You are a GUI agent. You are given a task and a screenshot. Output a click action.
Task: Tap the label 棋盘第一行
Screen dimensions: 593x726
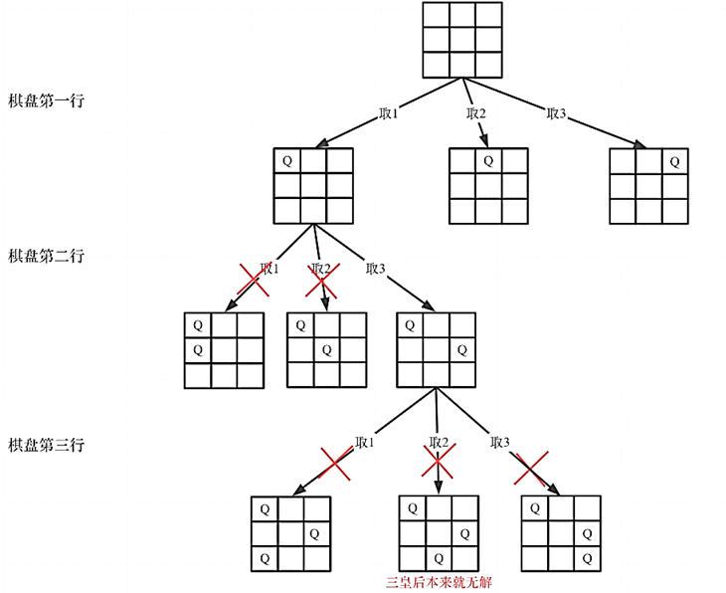tap(46, 101)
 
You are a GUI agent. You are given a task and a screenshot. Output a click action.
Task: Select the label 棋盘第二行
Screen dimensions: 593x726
tap(46, 256)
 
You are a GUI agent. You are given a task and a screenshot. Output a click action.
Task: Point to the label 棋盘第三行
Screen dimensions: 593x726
tap(46, 445)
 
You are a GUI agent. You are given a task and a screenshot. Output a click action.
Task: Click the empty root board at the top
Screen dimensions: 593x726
tap(462, 40)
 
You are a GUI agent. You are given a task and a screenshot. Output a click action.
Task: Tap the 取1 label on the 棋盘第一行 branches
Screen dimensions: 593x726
tap(389, 113)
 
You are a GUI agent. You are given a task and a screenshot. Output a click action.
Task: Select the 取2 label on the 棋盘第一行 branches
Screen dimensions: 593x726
tap(476, 113)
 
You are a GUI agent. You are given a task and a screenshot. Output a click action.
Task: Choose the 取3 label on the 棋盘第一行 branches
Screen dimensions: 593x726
tap(557, 113)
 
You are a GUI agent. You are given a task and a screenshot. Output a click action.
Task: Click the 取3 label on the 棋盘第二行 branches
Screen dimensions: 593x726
tap(375, 269)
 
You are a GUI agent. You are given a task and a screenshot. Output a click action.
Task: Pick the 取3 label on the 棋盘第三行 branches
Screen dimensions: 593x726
tap(499, 443)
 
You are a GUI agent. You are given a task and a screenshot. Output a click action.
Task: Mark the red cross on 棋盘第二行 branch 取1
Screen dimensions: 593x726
tap(254, 281)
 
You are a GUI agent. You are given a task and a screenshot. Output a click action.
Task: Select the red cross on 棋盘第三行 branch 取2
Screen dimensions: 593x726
tap(438, 460)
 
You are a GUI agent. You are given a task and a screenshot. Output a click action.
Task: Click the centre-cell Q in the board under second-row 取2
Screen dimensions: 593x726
tap(327, 350)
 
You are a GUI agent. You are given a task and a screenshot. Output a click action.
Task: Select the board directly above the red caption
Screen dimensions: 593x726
tap(438, 533)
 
